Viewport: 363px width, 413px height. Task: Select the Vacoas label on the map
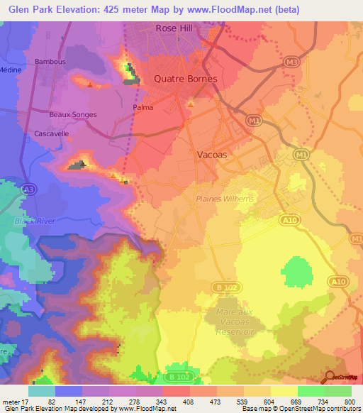211,153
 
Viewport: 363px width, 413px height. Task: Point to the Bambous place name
50,62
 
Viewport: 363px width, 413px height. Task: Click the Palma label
143,108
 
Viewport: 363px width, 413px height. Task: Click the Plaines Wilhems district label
224,199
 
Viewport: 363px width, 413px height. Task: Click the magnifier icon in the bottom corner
329,376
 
